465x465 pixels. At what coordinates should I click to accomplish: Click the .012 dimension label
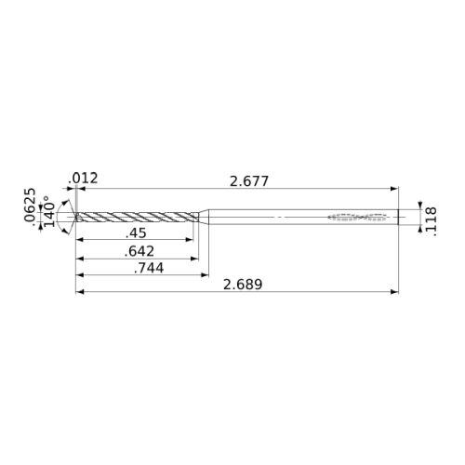tap(83, 179)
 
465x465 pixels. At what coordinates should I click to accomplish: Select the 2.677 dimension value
tap(249, 181)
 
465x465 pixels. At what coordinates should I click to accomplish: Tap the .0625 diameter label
tap(30, 205)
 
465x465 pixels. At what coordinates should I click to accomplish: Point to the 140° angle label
tap(49, 211)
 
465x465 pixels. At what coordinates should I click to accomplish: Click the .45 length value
tap(136, 233)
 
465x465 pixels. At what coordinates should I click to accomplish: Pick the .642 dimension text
tap(139, 251)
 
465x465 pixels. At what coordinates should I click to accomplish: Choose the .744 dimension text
tap(149, 268)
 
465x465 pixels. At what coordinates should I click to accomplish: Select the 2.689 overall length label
tap(243, 285)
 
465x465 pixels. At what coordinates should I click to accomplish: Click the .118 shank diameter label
tap(432, 221)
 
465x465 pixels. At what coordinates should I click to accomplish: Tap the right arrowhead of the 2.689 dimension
tap(394, 292)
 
